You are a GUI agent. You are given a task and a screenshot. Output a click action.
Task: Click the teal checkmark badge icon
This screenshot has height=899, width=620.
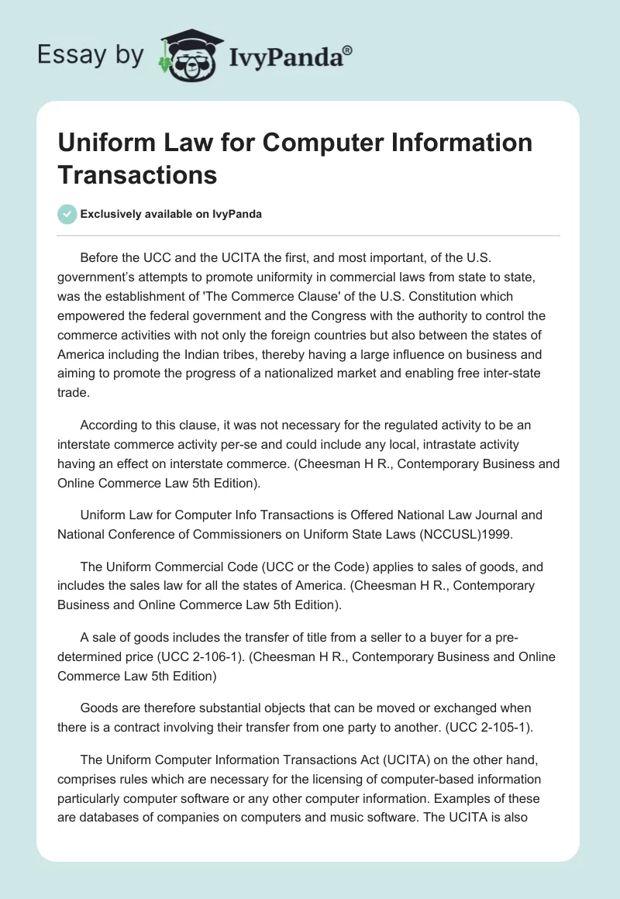(x=67, y=215)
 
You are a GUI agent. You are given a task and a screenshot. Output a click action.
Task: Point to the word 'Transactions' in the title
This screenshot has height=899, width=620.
(x=137, y=174)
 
